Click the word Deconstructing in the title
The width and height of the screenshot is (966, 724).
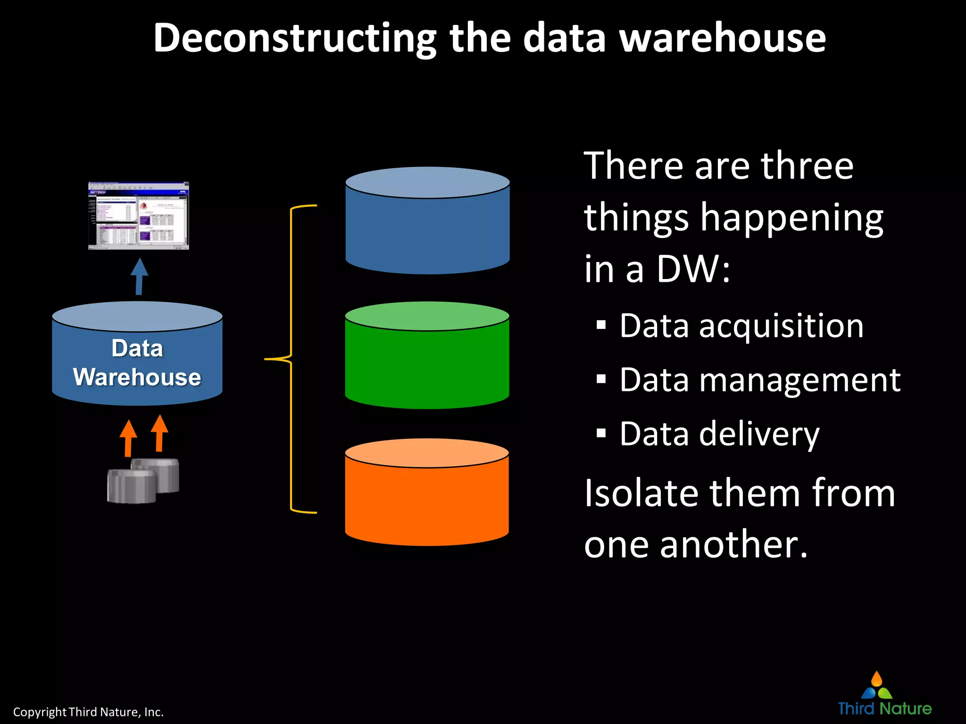(x=295, y=39)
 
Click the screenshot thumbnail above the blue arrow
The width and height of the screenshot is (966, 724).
(x=138, y=215)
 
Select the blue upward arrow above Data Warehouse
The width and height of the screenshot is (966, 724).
(x=139, y=277)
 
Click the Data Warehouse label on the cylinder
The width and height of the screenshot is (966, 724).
(x=137, y=362)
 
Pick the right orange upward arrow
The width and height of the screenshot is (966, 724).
(x=159, y=433)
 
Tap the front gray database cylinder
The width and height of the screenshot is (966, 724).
(x=131, y=486)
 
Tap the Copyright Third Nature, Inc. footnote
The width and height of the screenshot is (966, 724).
(x=88, y=712)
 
